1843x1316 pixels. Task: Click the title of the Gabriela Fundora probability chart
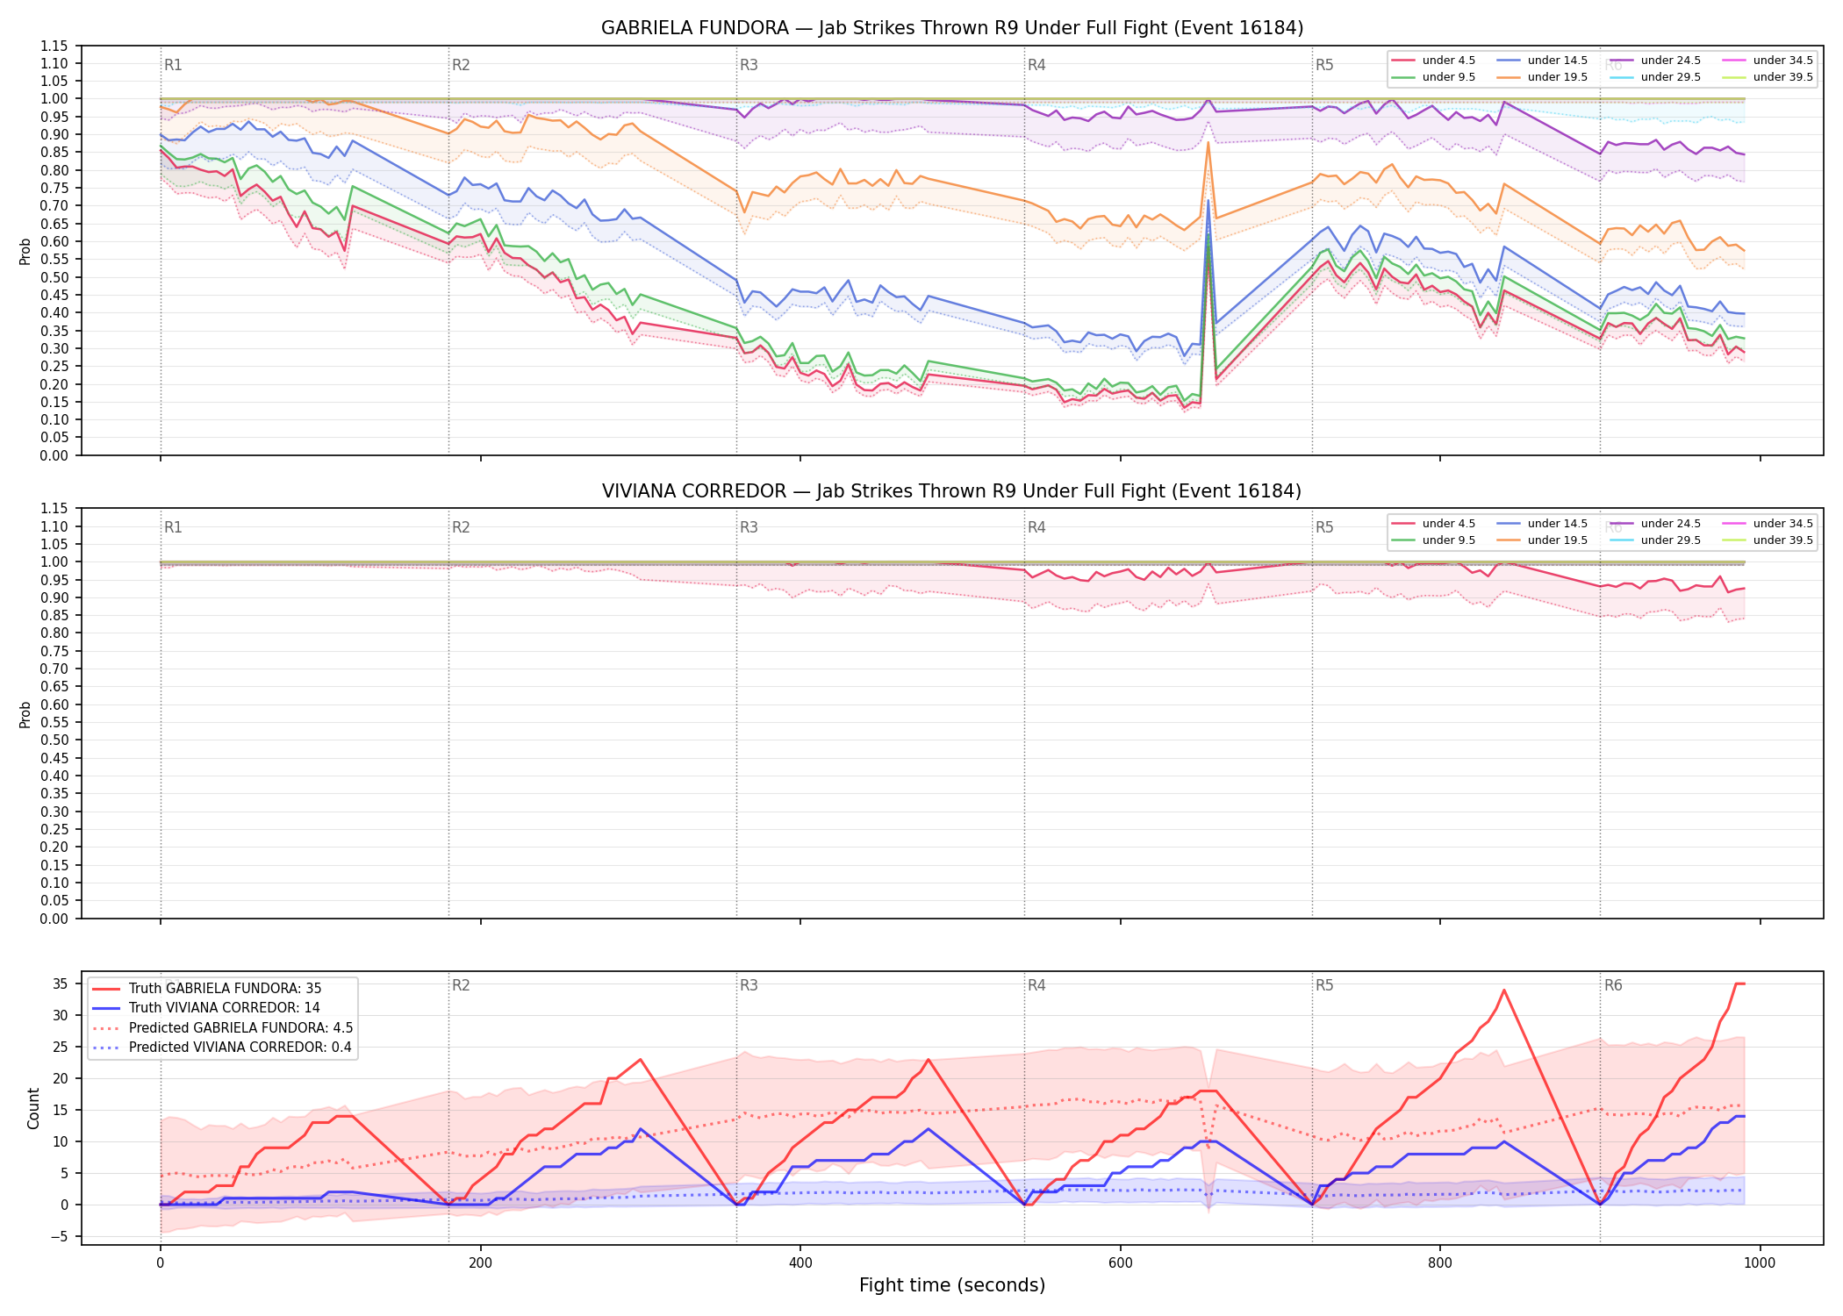(x=952, y=28)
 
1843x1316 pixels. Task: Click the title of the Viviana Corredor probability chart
(x=952, y=491)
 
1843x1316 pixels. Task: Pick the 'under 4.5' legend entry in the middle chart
(x=1434, y=524)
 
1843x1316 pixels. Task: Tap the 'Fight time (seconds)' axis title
(x=952, y=1285)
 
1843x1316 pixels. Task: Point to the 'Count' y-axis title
(x=33, y=1108)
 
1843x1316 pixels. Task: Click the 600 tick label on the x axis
(x=1120, y=1263)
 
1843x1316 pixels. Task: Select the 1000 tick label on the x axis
(x=1760, y=1263)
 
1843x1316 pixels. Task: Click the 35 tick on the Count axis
(x=60, y=983)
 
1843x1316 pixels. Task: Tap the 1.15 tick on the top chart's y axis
(x=54, y=46)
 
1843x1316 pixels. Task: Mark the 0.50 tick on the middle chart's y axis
(x=54, y=740)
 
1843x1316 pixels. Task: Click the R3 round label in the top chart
(x=749, y=65)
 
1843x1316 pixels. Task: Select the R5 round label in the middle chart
(x=1324, y=527)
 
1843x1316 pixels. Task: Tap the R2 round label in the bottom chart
(x=461, y=985)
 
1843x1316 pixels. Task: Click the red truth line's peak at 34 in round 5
(x=1504, y=990)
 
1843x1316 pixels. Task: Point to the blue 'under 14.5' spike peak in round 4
(x=1208, y=200)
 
